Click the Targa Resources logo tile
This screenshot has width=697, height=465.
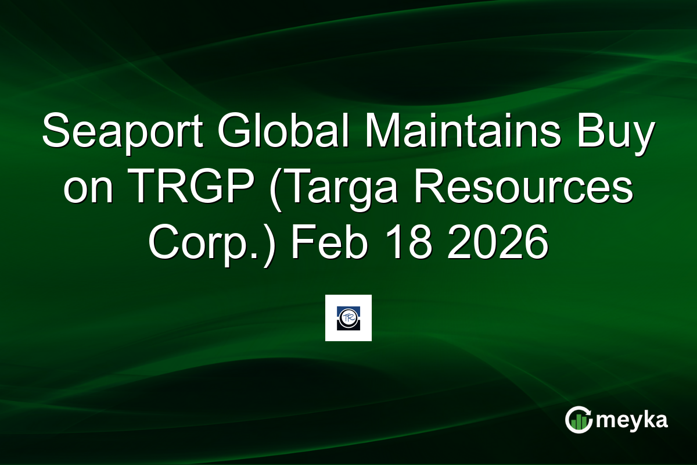348,318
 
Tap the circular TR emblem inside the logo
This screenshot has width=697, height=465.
348,318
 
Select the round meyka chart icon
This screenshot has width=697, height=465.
579,420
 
